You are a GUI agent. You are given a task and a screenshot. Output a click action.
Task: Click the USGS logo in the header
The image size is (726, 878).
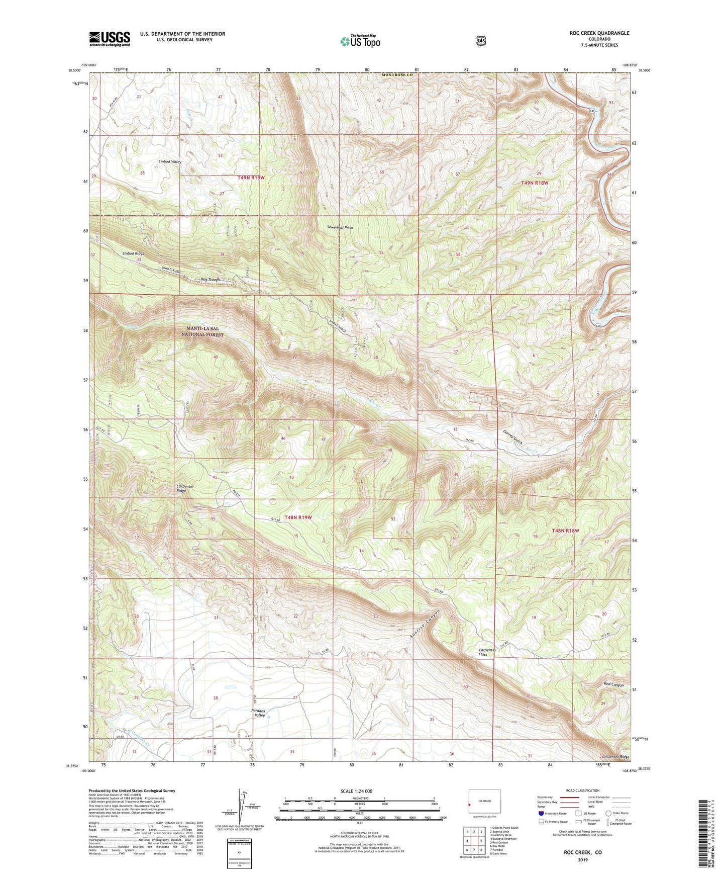click(110, 39)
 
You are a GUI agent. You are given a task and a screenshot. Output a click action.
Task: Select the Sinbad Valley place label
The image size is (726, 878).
click(170, 162)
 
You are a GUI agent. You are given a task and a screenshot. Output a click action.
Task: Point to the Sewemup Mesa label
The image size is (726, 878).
click(340, 228)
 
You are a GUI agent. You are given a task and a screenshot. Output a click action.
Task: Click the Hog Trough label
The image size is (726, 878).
click(211, 280)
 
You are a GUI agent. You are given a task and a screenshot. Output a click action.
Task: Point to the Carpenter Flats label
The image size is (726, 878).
click(487, 652)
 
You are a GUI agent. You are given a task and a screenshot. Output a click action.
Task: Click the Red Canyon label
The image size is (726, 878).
click(613, 685)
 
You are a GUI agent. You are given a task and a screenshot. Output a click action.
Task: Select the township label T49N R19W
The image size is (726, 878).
click(251, 178)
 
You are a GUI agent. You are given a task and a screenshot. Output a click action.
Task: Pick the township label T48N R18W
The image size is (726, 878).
click(566, 531)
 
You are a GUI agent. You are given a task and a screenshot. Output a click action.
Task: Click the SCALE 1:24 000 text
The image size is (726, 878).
click(356, 792)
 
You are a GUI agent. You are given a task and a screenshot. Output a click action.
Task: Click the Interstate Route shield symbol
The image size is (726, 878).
click(541, 813)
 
